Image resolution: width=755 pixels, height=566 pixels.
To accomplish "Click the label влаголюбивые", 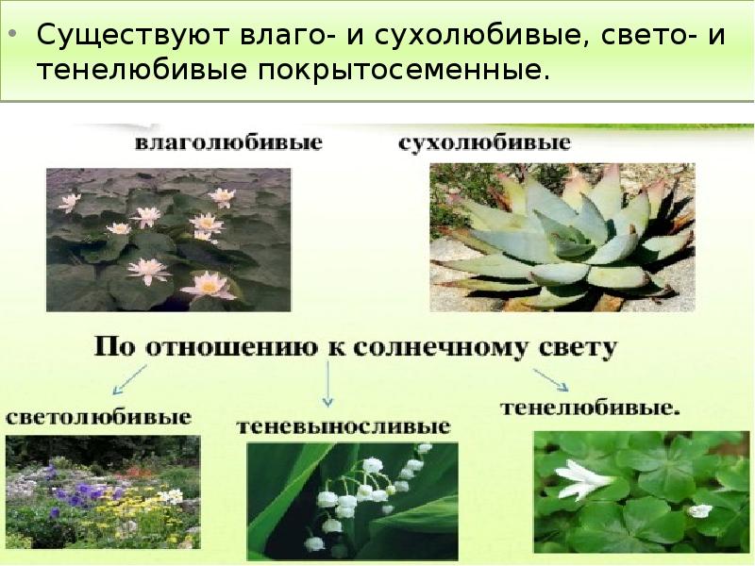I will [228, 144].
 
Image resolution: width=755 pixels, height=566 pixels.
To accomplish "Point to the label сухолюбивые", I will [485, 144].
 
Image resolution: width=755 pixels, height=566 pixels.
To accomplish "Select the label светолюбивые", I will [98, 416].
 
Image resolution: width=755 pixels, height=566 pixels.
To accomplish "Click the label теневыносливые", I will [343, 426].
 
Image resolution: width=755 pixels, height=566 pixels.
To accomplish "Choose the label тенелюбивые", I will [590, 408].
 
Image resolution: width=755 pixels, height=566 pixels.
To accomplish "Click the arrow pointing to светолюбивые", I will [128, 380].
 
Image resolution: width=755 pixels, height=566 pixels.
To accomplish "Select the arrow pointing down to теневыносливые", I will [328, 384].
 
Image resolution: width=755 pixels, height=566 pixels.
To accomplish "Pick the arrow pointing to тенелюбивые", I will [550, 379].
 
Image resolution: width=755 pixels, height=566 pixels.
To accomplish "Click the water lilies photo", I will [169, 240].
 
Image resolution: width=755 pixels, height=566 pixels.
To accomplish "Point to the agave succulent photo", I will [562, 236].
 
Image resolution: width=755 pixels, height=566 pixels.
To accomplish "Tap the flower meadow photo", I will [102, 492].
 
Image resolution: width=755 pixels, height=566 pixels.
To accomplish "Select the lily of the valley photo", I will [352, 503].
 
